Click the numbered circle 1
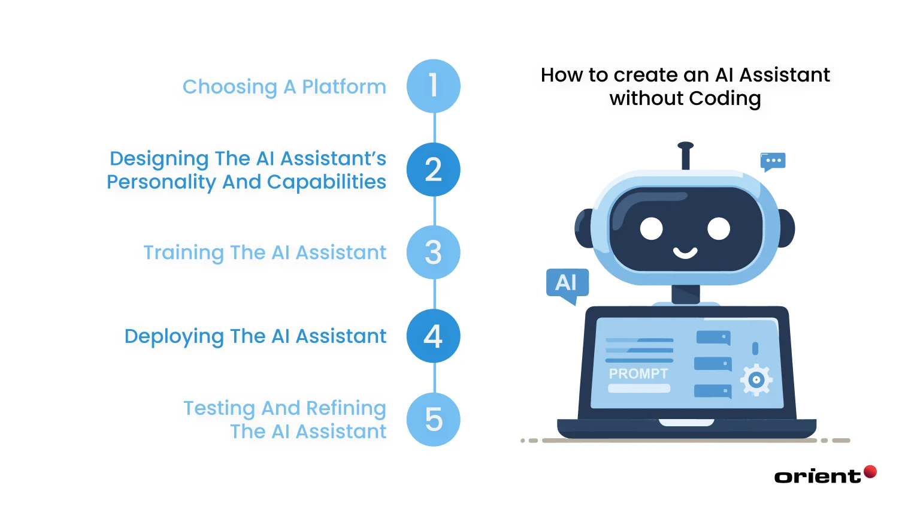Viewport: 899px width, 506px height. (433, 86)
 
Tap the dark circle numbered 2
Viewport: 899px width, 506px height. (433, 170)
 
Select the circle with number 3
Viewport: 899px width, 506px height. (433, 252)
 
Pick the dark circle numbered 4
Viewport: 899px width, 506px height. (433, 336)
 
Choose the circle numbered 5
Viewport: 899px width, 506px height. (433, 419)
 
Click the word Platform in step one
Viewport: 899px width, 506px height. (344, 87)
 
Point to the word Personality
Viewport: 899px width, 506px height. (161, 182)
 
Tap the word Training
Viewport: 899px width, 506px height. (183, 253)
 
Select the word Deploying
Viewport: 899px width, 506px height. (174, 337)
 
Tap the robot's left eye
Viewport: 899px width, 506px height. (652, 228)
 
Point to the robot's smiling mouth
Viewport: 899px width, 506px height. (685, 252)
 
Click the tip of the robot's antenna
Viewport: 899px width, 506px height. (686, 146)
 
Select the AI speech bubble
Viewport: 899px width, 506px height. (567, 283)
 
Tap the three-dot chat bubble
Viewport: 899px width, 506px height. (773, 161)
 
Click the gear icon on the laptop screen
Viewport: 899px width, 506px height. (756, 379)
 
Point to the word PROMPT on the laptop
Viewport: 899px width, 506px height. (638, 374)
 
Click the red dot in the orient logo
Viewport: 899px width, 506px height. (870, 471)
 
